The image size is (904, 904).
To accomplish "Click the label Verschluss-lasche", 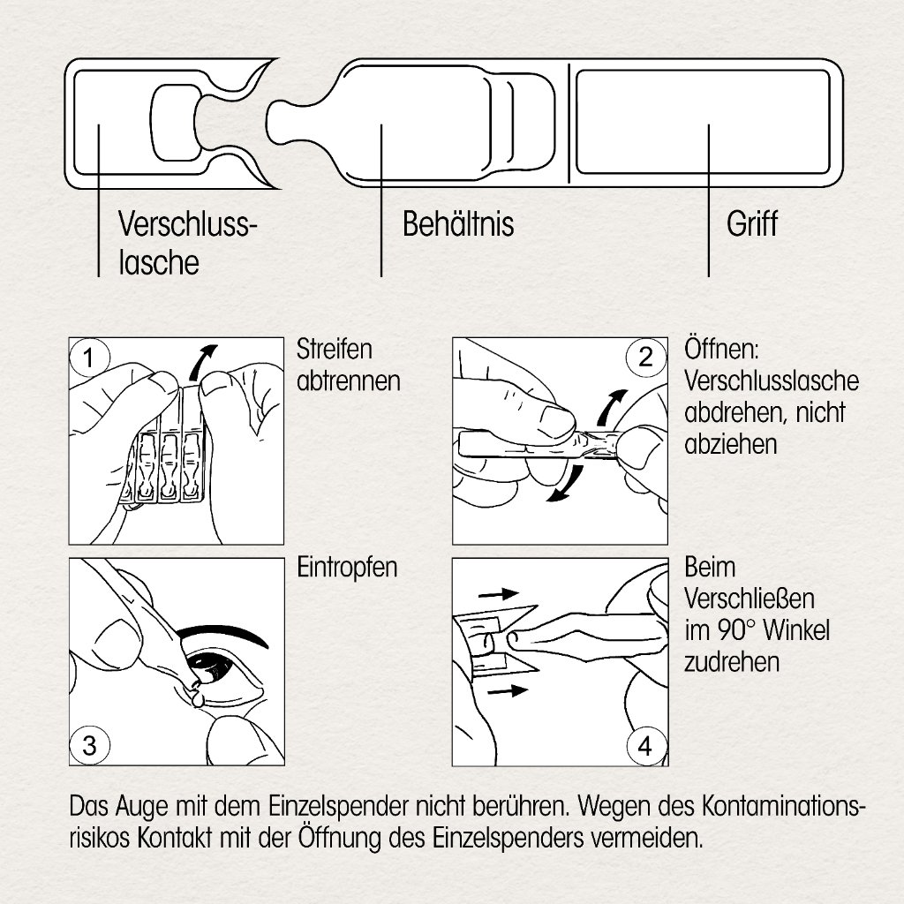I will pos(186,244).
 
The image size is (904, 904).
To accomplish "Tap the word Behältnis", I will pos(457,224).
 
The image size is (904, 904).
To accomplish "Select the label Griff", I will pos(751,224).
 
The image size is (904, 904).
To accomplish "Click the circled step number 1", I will pos(88,358).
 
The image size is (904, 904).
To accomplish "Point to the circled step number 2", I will pos(645,358).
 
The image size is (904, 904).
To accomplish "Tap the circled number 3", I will pos(89,746).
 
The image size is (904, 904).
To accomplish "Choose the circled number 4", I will pos(645,746).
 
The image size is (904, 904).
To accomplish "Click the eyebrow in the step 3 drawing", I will pos(220,637).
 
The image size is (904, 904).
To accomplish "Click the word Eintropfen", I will pos(348,568).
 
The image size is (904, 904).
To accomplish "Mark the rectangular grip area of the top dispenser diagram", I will pos(703,122).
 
